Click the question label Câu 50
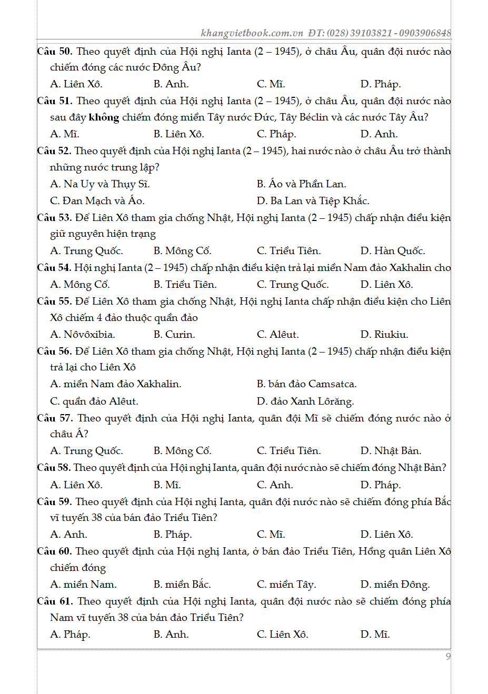coord(54,52)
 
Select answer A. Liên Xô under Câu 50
coord(76,84)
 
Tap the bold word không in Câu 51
coord(104,117)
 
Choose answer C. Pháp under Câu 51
coord(276,134)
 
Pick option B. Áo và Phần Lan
coord(301,184)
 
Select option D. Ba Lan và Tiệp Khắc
coord(313,201)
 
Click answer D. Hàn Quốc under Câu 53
coord(393,251)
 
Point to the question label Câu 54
coord(54,268)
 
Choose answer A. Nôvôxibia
coord(83,335)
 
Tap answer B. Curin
coord(174,335)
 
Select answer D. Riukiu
coord(384,335)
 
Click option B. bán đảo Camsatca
coord(306,384)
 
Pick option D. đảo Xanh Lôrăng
coord(305,401)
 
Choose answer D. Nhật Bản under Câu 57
coord(391,451)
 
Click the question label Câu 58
coord(54,468)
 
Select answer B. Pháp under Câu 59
coord(173,535)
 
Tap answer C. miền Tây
coord(286,585)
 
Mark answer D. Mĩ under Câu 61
coord(375,635)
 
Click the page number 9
coord(448,656)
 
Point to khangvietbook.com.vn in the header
coord(252,33)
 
